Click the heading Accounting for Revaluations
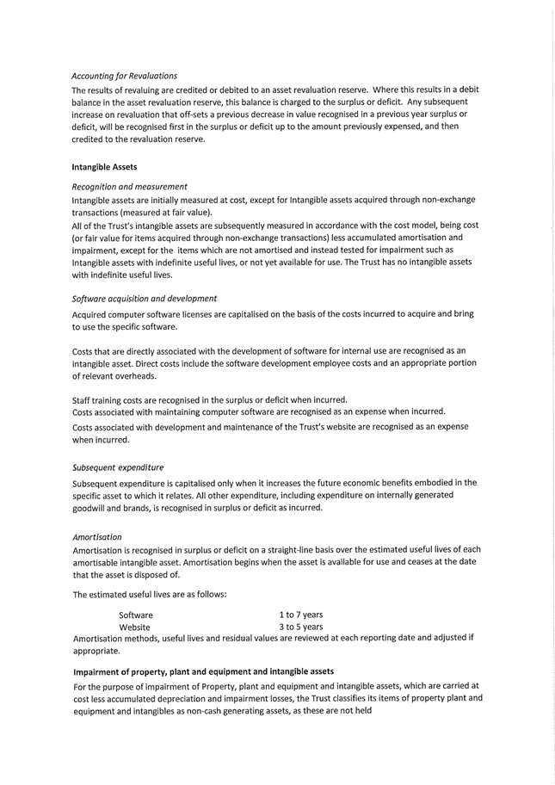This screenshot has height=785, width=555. coord(124,77)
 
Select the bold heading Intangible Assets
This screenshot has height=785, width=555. coord(104,167)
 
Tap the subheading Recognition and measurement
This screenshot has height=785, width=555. coord(129,187)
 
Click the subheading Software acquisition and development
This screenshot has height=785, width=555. coord(144,299)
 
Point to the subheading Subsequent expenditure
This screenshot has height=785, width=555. coord(118,468)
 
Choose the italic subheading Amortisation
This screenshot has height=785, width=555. coord(96,537)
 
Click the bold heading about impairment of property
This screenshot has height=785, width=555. coord(203,671)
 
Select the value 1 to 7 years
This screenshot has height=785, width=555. coord(300,615)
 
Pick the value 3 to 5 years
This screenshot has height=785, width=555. coord(300,627)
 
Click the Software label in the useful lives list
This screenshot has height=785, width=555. coord(136,615)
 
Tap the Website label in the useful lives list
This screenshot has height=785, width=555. coord(135,627)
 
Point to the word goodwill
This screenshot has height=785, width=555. coord(94,508)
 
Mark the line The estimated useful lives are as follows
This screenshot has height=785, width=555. coord(150,595)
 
